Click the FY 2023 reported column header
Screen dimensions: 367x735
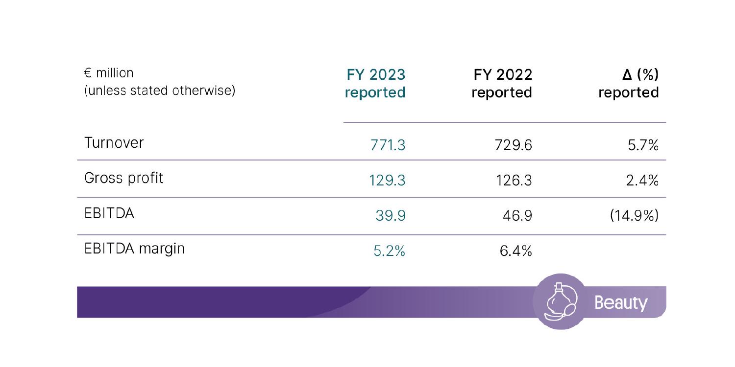[x=375, y=84]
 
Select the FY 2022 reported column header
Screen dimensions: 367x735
[x=502, y=84]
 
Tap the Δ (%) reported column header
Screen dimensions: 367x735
[x=629, y=84]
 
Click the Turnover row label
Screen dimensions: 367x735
[x=114, y=143]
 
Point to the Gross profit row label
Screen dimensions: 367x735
[x=123, y=178]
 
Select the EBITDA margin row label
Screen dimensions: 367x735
[x=135, y=249]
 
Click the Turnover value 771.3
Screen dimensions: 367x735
[x=388, y=145]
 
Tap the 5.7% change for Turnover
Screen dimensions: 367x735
[x=643, y=145]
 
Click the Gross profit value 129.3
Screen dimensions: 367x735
[x=387, y=181]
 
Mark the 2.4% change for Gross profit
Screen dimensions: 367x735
[x=642, y=181]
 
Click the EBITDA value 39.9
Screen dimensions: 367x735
[x=391, y=216]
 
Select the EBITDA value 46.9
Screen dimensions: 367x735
[x=517, y=216]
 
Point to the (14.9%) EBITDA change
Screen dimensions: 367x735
[x=634, y=216]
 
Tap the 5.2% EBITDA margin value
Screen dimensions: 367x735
[x=389, y=252]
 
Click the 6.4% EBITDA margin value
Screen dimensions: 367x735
[x=515, y=252]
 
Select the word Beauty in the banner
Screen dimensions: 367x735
[x=620, y=303]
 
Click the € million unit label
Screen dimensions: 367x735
[x=109, y=73]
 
